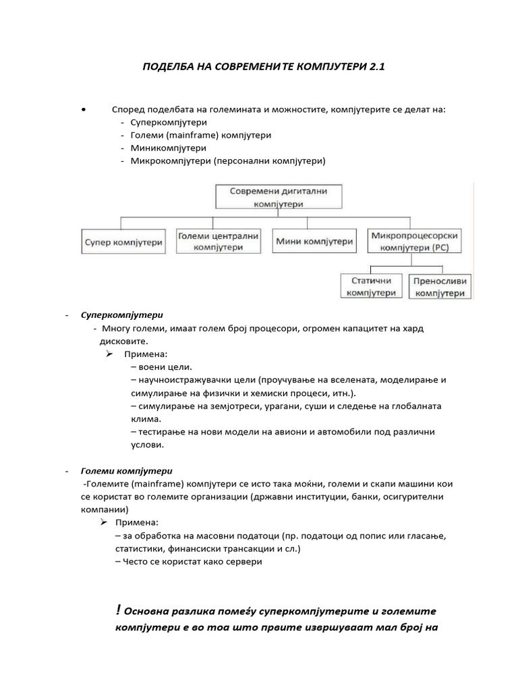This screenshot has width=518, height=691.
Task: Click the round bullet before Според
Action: pyautogui.click(x=82, y=108)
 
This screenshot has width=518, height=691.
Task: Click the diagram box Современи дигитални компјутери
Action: pyautogui.click(x=279, y=196)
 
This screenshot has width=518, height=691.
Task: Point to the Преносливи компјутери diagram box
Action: pyautogui.click(x=439, y=286)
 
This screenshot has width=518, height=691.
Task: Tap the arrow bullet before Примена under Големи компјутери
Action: pyautogui.click(x=103, y=523)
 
